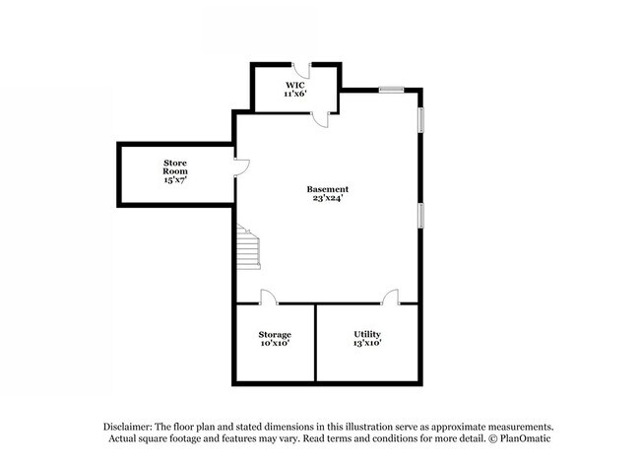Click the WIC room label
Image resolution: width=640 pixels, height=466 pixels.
[x=296, y=85]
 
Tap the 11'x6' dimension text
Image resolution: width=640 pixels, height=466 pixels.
[x=296, y=94]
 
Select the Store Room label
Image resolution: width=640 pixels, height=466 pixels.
[x=175, y=166]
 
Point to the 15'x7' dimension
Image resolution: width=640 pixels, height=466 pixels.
[x=175, y=181]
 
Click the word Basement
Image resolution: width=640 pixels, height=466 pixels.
[x=327, y=188]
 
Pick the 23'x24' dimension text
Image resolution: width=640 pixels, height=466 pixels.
[x=327, y=198]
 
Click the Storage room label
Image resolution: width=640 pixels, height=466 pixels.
[x=275, y=334]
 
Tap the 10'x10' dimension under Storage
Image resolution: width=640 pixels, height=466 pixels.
[x=275, y=344]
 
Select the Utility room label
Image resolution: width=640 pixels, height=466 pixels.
[x=367, y=334]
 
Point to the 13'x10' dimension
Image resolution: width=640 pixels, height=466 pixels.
[x=367, y=344]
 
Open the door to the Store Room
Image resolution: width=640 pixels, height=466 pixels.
[x=241, y=167]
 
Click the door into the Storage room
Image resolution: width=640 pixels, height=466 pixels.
[x=267, y=297]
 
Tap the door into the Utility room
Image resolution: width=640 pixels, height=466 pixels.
[x=391, y=297]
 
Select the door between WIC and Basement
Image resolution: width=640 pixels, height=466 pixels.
[x=320, y=118]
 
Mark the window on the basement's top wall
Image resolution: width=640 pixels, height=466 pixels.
[x=392, y=90]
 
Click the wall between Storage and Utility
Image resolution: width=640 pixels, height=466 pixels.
[x=315, y=342]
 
